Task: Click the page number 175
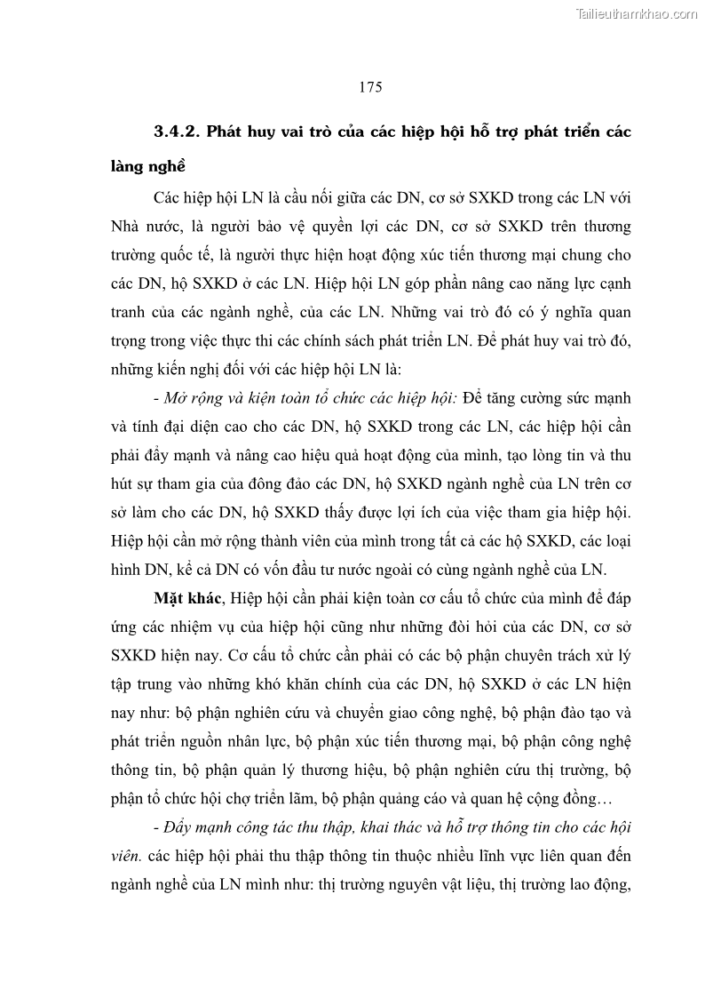[x=370, y=86]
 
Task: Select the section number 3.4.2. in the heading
[x=178, y=132]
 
